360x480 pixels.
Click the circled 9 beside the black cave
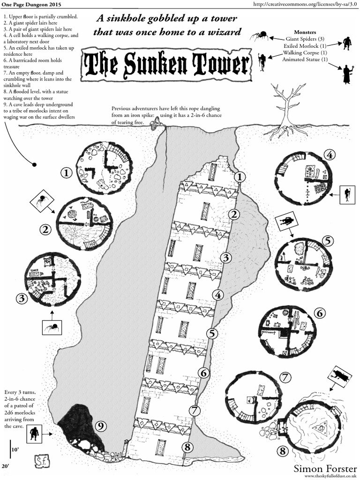[x=100, y=426]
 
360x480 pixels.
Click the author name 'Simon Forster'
[x=325, y=468]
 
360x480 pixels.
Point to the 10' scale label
[x=15, y=449]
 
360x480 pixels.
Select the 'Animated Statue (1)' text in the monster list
[x=304, y=60]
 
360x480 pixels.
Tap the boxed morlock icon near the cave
[x=34, y=434]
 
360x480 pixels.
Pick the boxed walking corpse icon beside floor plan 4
[x=347, y=194]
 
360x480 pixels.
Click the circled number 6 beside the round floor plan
[x=320, y=313]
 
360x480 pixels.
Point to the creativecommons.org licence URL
[x=305, y=4]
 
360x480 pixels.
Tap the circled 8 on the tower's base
[x=187, y=446]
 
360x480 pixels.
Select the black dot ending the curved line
[x=34, y=164]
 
